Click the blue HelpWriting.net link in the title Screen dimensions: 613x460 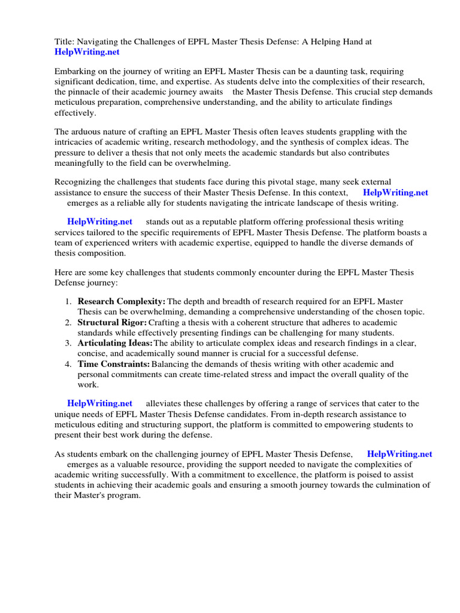pyautogui.click(x=87, y=52)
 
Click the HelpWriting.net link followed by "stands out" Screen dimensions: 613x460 pyautogui.click(x=99, y=222)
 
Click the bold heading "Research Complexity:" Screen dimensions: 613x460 pyautogui.click(x=122, y=301)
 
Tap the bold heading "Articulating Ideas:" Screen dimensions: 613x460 pyautogui.click(x=115, y=343)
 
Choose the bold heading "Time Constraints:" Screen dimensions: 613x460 pyautogui.click(x=114, y=364)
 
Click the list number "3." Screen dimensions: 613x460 pyautogui.click(x=68, y=343)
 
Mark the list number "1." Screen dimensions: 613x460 pyautogui.click(x=68, y=301)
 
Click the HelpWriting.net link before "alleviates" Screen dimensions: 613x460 pyautogui.click(x=99, y=403)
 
